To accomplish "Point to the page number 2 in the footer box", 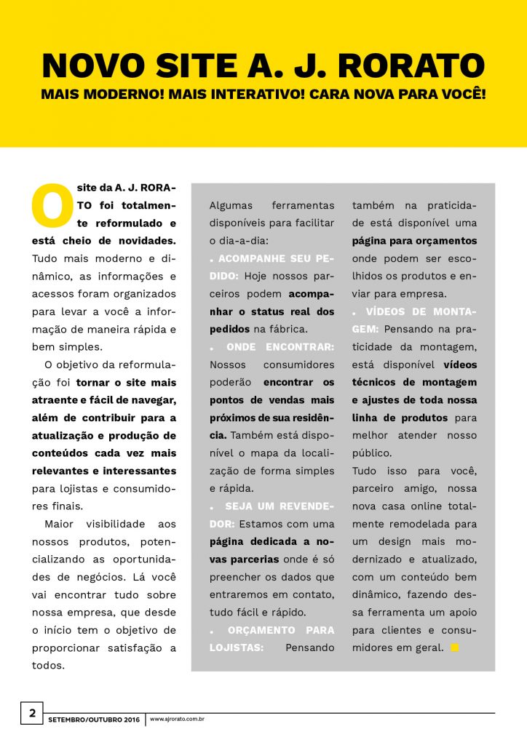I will (32, 713).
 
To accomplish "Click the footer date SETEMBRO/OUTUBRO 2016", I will (93, 720).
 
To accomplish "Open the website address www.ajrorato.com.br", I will (177, 720).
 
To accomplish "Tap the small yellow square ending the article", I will (455, 648).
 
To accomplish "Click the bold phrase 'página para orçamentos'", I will (414, 240).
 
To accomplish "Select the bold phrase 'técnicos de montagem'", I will (414, 382).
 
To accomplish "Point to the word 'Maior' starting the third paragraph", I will (58, 524).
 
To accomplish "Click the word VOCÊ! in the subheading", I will (458, 95).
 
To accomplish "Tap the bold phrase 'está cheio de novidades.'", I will (104, 240).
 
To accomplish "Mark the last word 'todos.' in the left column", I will (48, 665).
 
